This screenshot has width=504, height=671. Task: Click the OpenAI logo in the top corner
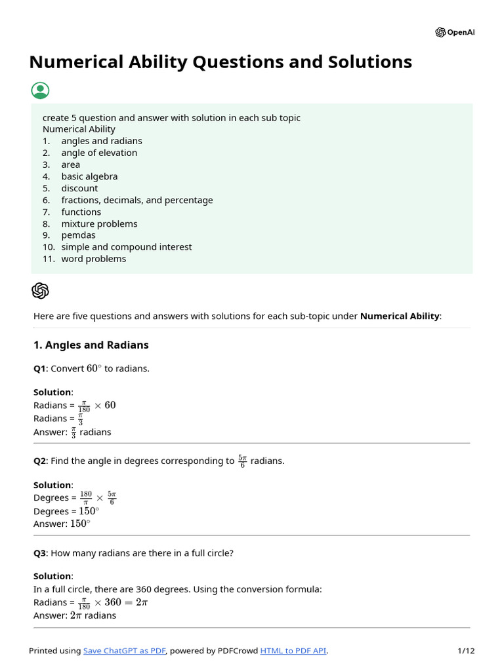pyautogui.click(x=440, y=32)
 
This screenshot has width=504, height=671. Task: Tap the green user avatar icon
pyautogui.click(x=40, y=90)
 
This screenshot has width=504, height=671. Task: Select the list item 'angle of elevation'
pyautogui.click(x=99, y=153)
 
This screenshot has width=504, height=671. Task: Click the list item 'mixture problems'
pyautogui.click(x=99, y=223)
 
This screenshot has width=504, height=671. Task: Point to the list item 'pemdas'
pyautogui.click(x=78, y=235)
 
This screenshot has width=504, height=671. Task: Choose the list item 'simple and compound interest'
pyautogui.click(x=127, y=247)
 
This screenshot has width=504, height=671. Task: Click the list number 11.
pyautogui.click(x=49, y=259)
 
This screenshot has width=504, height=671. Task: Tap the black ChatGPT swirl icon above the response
pyautogui.click(x=40, y=290)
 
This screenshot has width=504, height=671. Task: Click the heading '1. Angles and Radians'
pyautogui.click(x=91, y=345)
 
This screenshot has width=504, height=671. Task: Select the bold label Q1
pyautogui.click(x=39, y=368)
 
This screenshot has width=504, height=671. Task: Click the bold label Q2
pyautogui.click(x=39, y=461)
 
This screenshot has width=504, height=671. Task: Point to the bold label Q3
pyautogui.click(x=39, y=553)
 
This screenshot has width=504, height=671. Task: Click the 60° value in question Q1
pyautogui.click(x=94, y=368)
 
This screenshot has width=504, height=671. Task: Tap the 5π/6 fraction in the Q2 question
pyautogui.click(x=242, y=461)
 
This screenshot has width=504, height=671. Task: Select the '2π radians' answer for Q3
pyautogui.click(x=93, y=615)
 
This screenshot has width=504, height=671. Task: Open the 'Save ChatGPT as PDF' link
pyautogui.click(x=125, y=651)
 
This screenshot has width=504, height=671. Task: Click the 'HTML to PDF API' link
pyautogui.click(x=293, y=651)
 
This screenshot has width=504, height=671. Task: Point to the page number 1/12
pyautogui.click(x=465, y=651)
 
